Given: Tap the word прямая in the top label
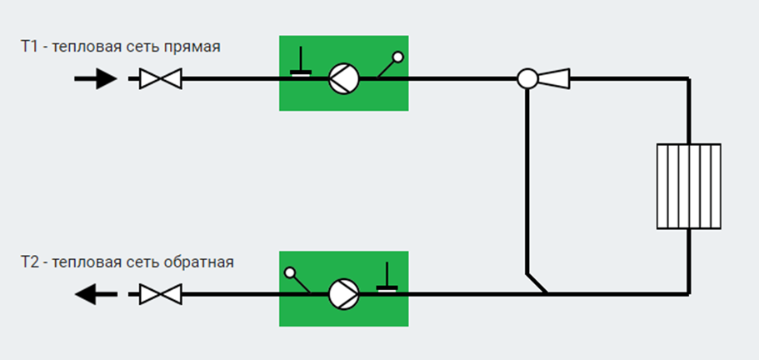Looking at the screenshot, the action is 192,47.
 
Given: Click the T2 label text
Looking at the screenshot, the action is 28,262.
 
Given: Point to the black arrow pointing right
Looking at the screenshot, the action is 96,78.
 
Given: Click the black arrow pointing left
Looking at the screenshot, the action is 96,294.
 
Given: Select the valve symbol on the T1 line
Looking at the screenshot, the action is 161,78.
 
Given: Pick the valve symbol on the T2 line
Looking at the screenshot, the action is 161,294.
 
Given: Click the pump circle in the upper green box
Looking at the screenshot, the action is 344,78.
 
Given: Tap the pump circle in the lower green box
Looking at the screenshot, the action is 344,294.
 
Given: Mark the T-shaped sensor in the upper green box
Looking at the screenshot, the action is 301,62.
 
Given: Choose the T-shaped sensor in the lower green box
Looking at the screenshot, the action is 387,277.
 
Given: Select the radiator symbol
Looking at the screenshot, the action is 689,187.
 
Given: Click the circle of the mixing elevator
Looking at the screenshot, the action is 527,78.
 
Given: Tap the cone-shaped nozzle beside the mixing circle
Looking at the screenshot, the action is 554,78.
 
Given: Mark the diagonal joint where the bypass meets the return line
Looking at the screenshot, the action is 537,283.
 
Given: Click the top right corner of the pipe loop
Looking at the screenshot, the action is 688,78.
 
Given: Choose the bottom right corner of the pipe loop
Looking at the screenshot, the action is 688,293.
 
